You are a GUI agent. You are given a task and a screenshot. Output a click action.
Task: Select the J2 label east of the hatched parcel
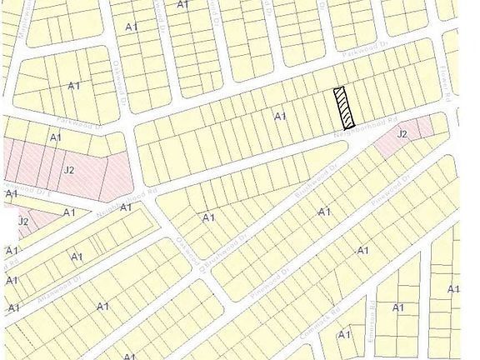click(x=402, y=133)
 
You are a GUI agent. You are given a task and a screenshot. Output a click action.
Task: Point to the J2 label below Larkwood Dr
click(x=70, y=170)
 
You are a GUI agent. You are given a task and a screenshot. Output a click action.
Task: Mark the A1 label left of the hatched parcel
click(x=280, y=117)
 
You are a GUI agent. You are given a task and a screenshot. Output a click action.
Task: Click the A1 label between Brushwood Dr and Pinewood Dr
click(x=324, y=212)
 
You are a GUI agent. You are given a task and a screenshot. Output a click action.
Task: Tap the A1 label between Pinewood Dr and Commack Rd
click(x=362, y=250)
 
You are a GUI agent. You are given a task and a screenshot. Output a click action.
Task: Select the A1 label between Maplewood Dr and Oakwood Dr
click(x=73, y=86)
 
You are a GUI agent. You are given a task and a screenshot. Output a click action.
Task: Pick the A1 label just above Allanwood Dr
click(x=77, y=257)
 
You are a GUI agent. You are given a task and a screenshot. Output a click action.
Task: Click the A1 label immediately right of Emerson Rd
click(x=398, y=307)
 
